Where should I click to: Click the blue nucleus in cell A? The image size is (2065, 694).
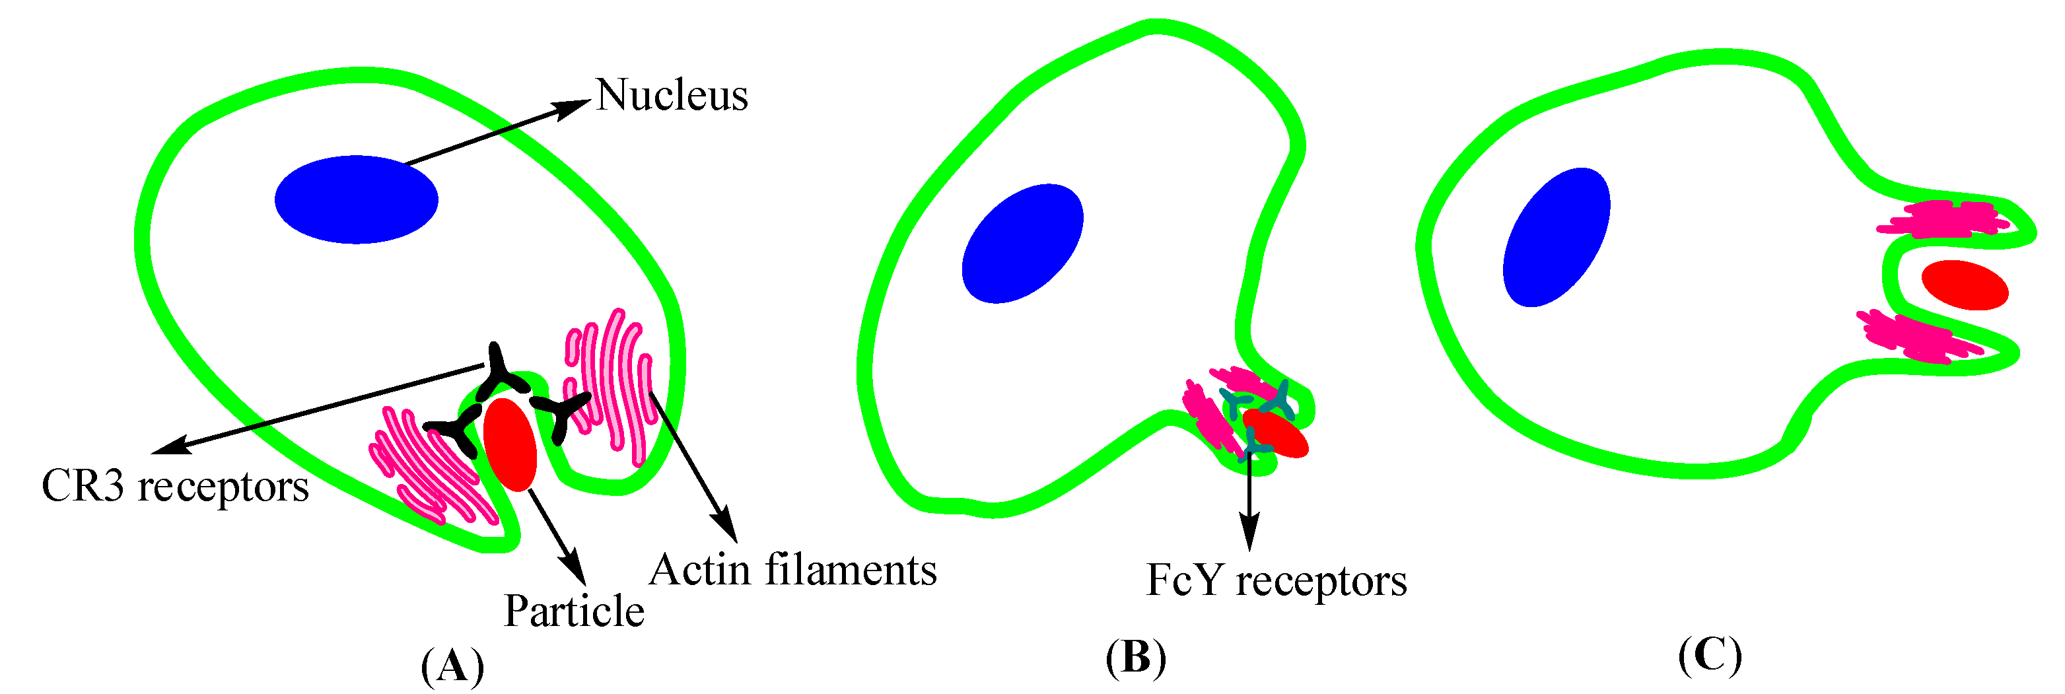point(356,199)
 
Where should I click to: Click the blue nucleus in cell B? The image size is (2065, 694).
point(1023,244)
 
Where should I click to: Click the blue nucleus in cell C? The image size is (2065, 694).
point(1557,238)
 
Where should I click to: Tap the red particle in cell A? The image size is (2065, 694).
point(510,444)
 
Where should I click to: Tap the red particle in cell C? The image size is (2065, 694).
point(1965,285)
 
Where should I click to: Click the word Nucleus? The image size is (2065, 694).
point(672,95)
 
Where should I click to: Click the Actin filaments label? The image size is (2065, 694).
point(792,571)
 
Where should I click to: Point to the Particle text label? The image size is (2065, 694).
point(574,611)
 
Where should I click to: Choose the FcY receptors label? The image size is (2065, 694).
point(1277,580)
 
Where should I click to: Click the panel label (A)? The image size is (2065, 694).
point(452,664)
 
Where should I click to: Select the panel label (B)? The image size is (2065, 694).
point(1135,658)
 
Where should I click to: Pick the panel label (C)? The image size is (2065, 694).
point(1710,656)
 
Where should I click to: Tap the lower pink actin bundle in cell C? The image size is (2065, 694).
point(1914,337)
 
